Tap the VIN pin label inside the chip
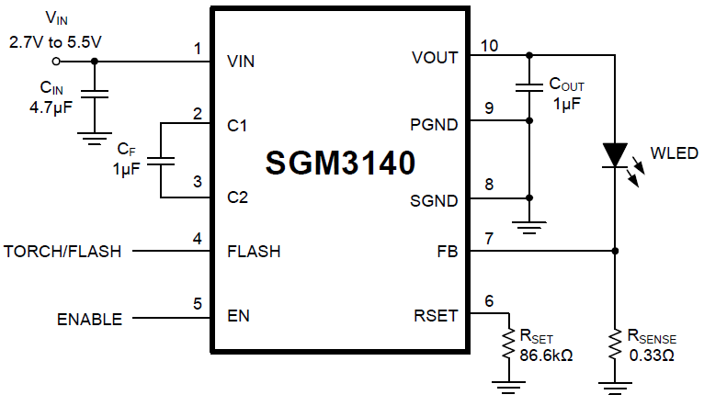(x=241, y=62)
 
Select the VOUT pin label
(x=436, y=57)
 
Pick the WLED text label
(x=675, y=152)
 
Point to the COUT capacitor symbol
(x=529, y=88)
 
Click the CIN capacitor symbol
(x=93, y=95)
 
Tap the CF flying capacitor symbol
(x=160, y=160)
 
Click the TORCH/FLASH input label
(x=62, y=251)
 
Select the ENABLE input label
(x=89, y=320)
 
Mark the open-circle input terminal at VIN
(x=57, y=62)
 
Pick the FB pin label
(x=448, y=251)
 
